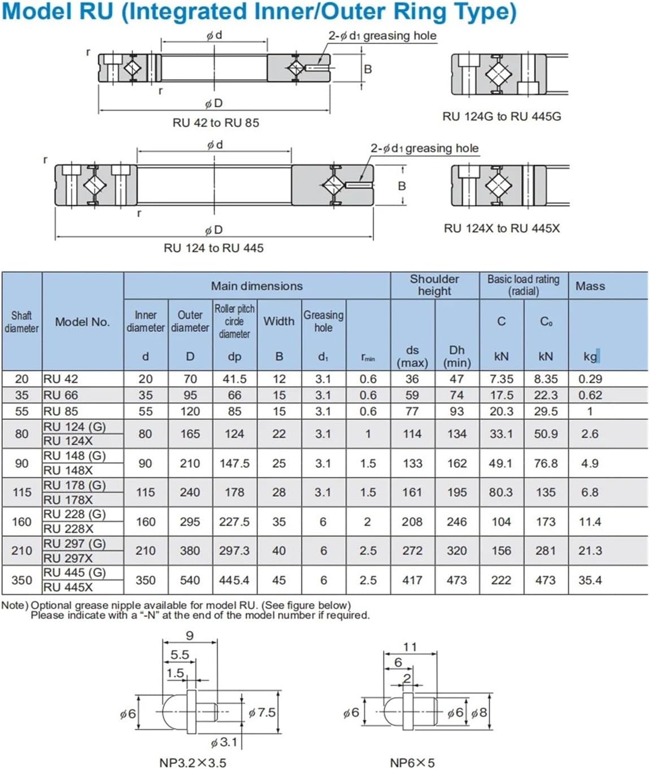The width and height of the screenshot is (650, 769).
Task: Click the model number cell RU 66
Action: (x=61, y=395)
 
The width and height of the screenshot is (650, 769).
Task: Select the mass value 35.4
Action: (x=590, y=580)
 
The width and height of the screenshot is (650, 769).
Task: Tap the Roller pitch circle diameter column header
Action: (x=234, y=321)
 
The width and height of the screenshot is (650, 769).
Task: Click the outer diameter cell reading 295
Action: (x=190, y=522)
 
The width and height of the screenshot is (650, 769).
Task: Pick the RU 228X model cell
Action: (x=68, y=529)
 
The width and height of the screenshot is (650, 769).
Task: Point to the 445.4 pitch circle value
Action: (x=234, y=580)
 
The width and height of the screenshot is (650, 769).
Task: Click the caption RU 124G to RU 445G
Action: (x=501, y=116)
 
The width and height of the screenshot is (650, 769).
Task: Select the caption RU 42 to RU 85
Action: (x=216, y=123)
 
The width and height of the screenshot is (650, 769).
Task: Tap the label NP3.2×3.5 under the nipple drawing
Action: (x=193, y=763)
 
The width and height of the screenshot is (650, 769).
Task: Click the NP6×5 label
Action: (x=412, y=763)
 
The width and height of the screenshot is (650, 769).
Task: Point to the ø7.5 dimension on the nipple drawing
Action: (x=263, y=712)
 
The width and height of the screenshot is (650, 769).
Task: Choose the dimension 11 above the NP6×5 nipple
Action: (x=410, y=647)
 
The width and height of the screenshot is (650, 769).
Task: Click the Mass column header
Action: (x=590, y=286)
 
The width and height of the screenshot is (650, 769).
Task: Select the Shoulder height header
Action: (x=434, y=285)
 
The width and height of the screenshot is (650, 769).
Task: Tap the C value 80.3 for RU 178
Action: (x=501, y=492)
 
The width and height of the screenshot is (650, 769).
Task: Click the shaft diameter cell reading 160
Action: (x=21, y=522)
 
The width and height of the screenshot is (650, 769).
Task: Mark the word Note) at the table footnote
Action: (x=15, y=605)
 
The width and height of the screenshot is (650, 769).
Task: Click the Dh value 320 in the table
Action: (x=456, y=551)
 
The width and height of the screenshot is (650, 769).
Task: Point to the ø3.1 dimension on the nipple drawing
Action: (x=224, y=742)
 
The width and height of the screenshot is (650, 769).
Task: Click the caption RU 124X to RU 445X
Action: (x=501, y=228)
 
